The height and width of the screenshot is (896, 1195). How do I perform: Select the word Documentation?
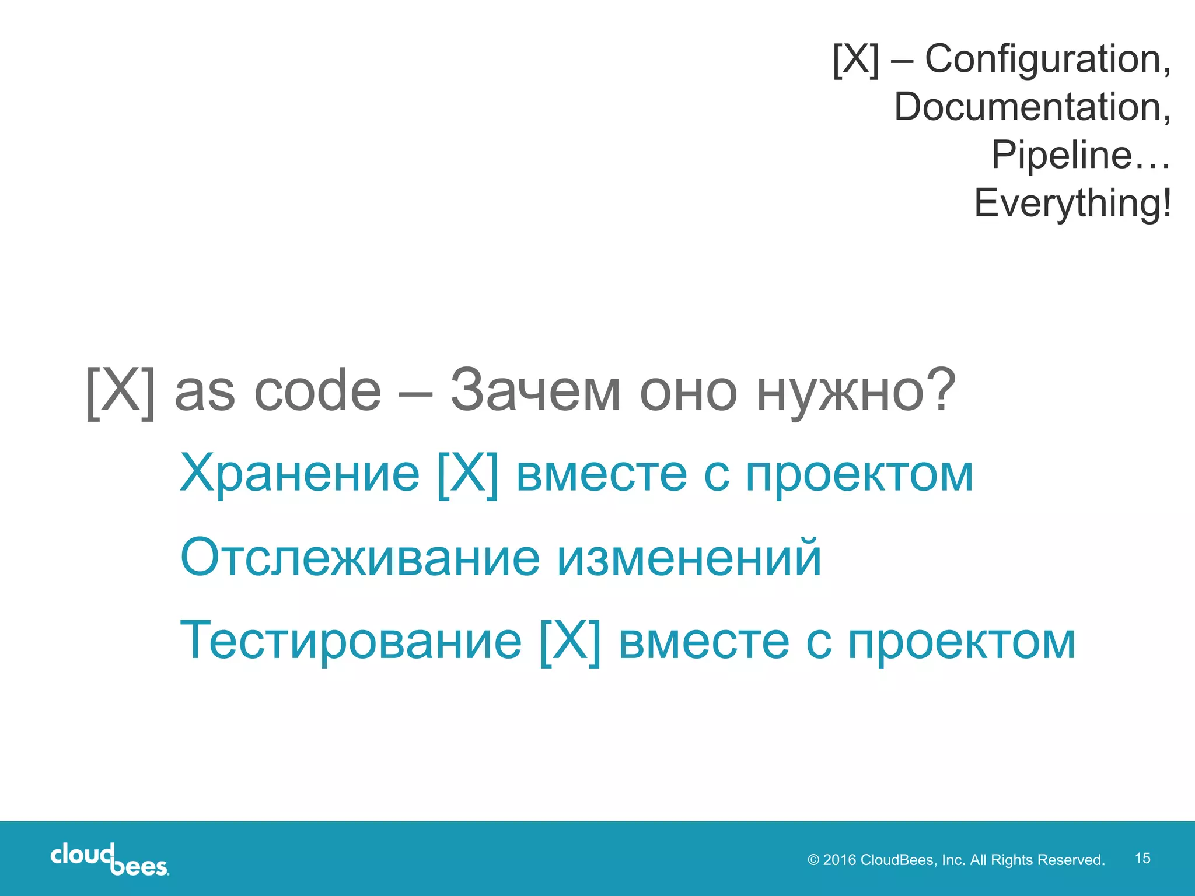(x=1032, y=107)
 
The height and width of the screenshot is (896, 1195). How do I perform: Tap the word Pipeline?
(x=1061, y=155)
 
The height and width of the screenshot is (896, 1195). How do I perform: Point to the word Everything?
(x=1072, y=203)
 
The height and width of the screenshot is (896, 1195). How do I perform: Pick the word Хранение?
(x=299, y=474)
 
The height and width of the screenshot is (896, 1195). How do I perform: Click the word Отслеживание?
(x=360, y=558)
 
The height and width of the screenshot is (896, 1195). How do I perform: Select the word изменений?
(x=689, y=558)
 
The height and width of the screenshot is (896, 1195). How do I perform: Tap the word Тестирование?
(x=351, y=641)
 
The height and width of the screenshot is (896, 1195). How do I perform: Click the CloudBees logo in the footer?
(x=109, y=859)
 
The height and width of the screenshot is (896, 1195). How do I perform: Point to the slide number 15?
(x=1142, y=858)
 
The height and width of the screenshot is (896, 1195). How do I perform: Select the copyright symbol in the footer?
(x=813, y=860)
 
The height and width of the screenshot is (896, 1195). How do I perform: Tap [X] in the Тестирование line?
(x=570, y=641)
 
